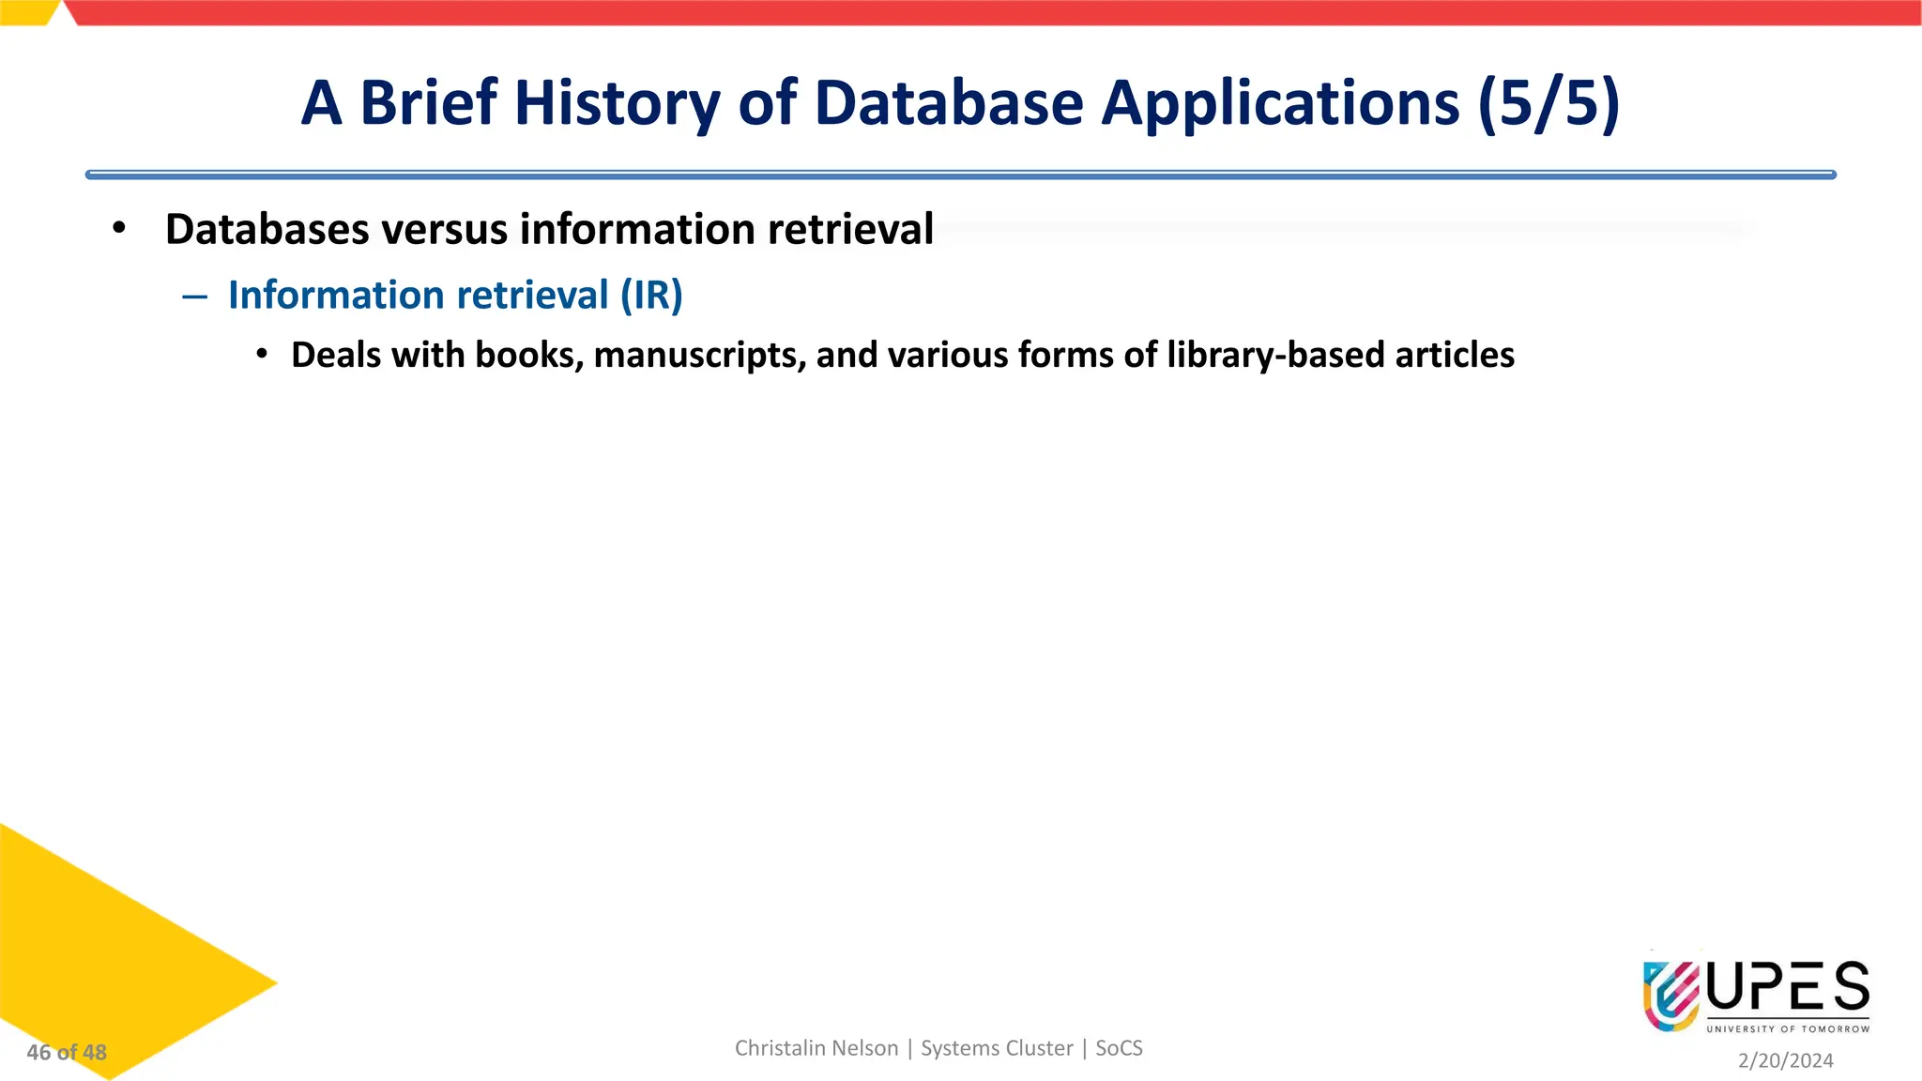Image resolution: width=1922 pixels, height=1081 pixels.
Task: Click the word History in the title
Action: coord(617,102)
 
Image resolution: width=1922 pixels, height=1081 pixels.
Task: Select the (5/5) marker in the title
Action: coord(1548,102)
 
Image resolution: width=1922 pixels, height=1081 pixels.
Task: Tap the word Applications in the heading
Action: coord(1280,102)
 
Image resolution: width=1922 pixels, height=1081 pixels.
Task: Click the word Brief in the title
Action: coord(428,102)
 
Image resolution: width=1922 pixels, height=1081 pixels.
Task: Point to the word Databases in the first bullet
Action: coord(267,230)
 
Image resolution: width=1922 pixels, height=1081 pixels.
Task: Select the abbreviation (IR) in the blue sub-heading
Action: coord(651,296)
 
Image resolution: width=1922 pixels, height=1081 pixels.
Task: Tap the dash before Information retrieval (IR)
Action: coord(195,297)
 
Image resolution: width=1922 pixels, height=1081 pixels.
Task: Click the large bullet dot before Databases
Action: coord(118,228)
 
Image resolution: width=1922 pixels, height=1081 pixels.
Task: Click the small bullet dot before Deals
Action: coord(263,355)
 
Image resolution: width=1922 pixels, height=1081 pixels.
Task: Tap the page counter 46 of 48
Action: coord(67,1053)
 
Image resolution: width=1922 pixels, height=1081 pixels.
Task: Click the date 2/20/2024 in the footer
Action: coord(1785,1060)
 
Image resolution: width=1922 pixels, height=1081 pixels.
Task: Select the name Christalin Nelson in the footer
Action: coord(816,1048)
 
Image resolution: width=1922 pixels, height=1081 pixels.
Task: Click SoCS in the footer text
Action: coord(1119,1048)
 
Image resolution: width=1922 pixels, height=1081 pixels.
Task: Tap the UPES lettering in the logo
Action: coord(1787,989)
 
